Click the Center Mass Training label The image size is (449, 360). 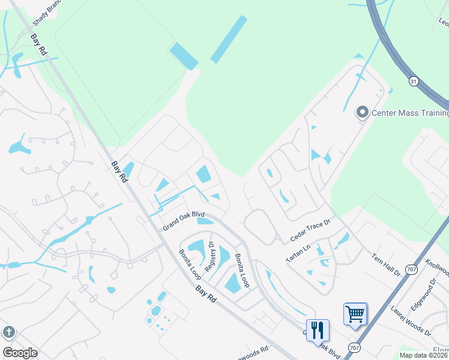410,113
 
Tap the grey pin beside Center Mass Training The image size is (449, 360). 362,112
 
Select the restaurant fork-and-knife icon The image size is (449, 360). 318,329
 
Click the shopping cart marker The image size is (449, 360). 355,313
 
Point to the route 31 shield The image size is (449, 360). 414,80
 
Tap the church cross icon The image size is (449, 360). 8,332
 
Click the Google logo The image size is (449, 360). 20,353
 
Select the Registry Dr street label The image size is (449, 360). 211,256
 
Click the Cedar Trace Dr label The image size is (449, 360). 310,230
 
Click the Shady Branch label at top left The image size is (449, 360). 47,13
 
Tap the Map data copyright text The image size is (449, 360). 424,355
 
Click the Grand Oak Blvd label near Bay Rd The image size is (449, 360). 184,221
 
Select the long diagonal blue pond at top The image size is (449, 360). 229,39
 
